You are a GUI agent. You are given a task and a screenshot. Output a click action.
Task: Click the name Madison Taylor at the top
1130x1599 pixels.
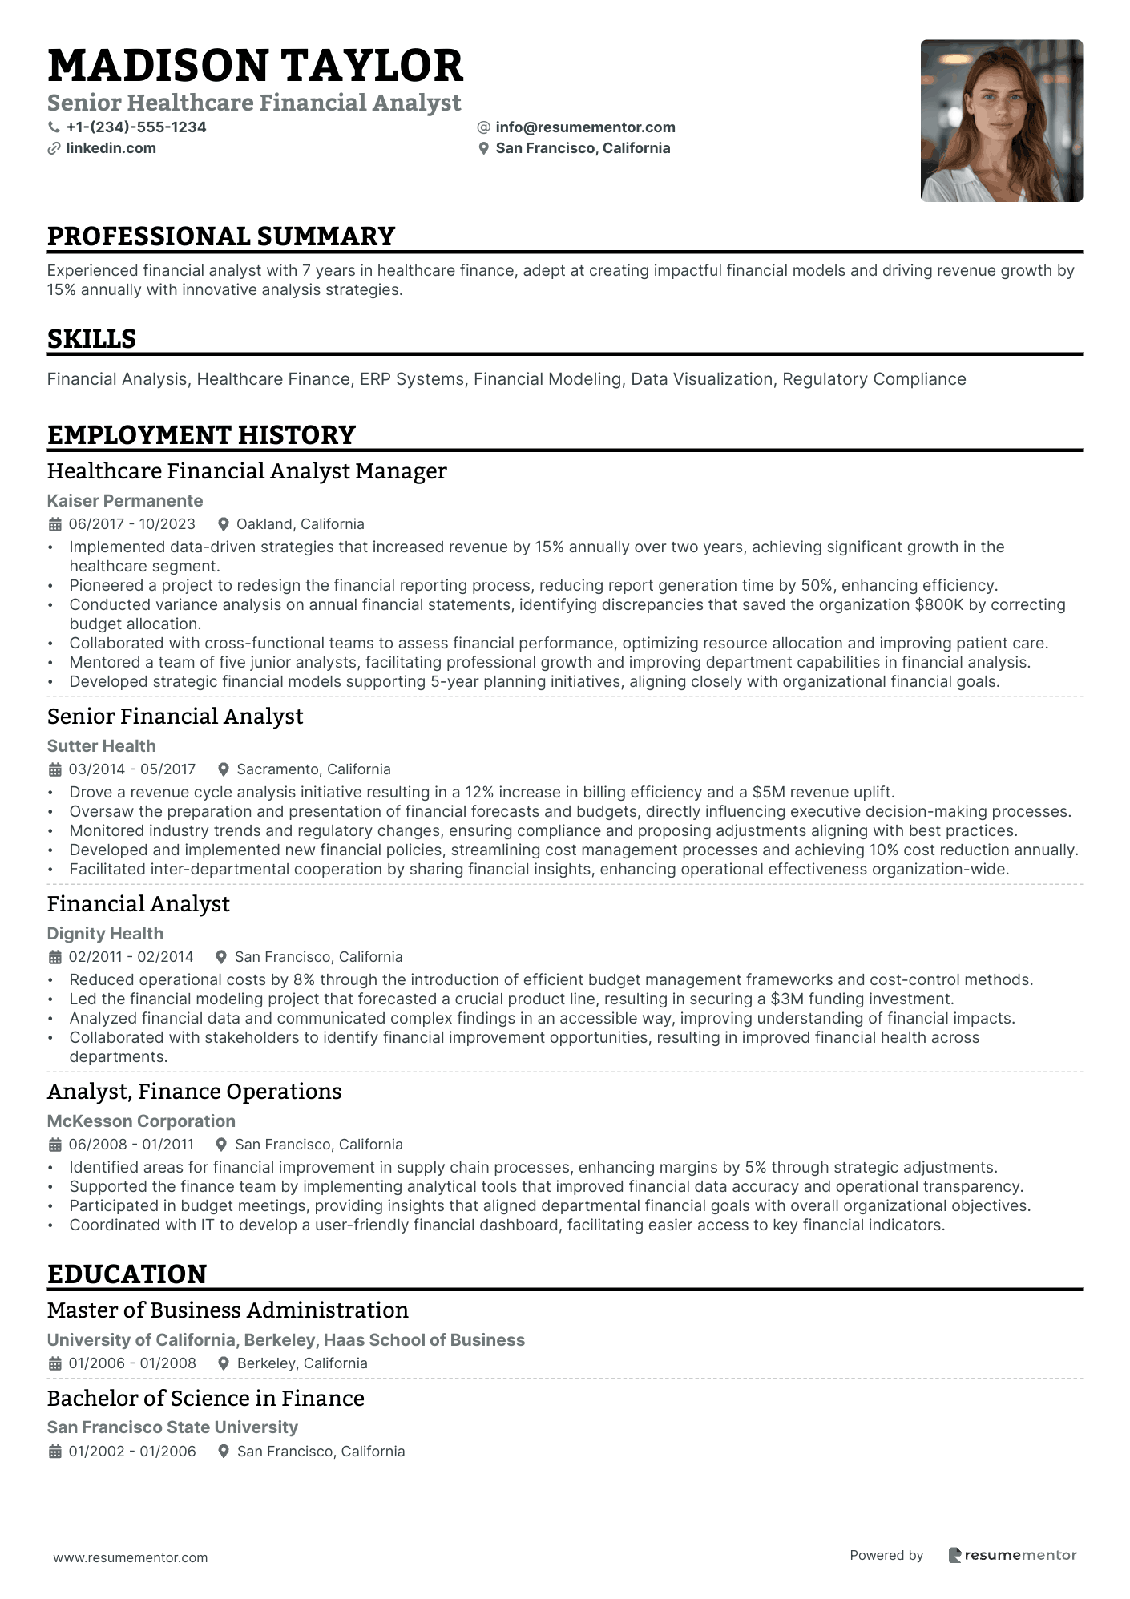tap(255, 66)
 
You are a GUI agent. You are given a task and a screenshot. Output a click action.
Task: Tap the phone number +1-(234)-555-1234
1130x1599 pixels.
tap(136, 127)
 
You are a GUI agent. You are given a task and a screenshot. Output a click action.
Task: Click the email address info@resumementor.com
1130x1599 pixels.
tap(585, 127)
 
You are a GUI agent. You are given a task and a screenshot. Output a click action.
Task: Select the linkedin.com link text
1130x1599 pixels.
tap(111, 148)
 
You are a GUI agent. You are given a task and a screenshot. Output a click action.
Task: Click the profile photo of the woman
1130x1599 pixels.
tap(1001, 121)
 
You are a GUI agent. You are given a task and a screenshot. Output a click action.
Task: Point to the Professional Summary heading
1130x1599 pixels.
tap(221, 236)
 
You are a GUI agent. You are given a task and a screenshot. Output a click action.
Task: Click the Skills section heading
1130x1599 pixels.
tap(91, 339)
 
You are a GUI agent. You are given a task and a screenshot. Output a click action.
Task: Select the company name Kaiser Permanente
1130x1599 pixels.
tap(125, 501)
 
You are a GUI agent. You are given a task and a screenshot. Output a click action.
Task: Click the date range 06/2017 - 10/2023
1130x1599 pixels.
tap(132, 524)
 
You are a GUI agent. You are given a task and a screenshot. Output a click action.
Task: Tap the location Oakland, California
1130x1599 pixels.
tap(300, 524)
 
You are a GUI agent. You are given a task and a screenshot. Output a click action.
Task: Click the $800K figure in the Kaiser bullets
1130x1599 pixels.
tap(939, 605)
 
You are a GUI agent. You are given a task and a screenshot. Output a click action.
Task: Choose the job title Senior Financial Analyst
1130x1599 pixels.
tap(175, 717)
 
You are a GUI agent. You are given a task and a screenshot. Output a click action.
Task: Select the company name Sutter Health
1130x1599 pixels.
tap(102, 746)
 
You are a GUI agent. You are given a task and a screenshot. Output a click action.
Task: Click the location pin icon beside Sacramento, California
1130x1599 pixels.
tap(224, 769)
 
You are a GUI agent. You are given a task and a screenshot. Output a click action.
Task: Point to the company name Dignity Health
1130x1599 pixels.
tap(105, 934)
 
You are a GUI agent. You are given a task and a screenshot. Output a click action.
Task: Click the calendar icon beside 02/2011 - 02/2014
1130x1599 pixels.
tap(55, 957)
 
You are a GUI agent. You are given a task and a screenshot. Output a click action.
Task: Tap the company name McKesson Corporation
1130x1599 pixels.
tap(141, 1121)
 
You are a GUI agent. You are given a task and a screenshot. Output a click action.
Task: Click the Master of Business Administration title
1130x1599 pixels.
tap(228, 1310)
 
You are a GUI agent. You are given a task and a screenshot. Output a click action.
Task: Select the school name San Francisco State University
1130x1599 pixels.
tap(172, 1427)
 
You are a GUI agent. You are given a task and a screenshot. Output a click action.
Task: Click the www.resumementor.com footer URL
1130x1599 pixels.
tap(131, 1557)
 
